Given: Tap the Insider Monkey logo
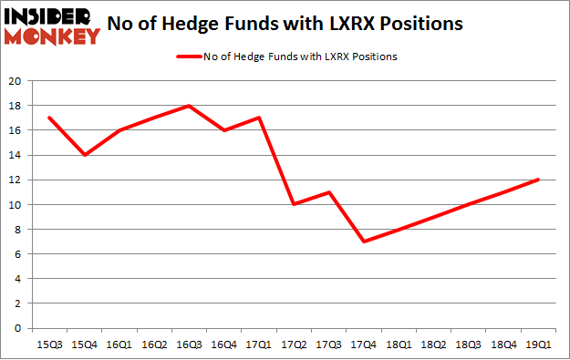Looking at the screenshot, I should [x=51, y=25].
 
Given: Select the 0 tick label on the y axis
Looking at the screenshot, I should [x=19, y=328].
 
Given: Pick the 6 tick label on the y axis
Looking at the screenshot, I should [x=19, y=254].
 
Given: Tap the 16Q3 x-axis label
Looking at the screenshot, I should [x=188, y=344].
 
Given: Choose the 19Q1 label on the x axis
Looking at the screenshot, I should [x=539, y=344].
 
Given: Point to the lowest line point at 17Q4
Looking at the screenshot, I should [x=364, y=242].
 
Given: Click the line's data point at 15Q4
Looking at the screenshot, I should [x=84, y=155].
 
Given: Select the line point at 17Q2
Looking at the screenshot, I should [x=294, y=204].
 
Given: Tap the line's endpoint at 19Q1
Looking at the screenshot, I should [x=539, y=180].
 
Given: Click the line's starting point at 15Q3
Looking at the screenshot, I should [x=48, y=118].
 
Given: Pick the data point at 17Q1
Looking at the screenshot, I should [x=259, y=118].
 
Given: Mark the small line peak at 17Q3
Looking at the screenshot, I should [x=328, y=192].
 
